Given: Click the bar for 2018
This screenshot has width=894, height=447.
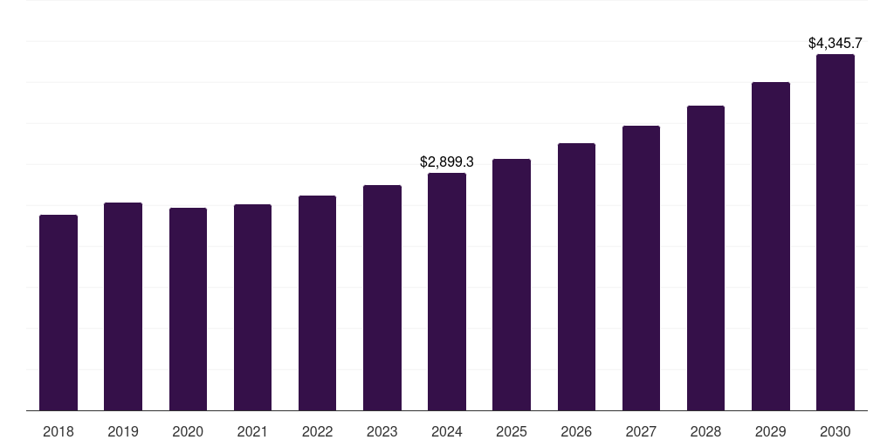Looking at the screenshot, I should [x=58, y=313].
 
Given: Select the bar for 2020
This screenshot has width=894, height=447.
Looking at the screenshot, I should [x=188, y=309].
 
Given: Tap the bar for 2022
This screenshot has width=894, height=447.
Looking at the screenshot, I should [x=317, y=303].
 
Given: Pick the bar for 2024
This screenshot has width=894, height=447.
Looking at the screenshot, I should [x=447, y=292].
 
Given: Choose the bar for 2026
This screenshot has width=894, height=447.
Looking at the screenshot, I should [x=576, y=277].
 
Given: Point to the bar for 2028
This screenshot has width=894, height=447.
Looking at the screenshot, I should [x=705, y=258].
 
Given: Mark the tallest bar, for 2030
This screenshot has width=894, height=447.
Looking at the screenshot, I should [x=836, y=232].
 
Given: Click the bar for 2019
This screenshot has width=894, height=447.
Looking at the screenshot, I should [x=123, y=306].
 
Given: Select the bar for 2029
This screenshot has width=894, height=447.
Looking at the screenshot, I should [x=771, y=246].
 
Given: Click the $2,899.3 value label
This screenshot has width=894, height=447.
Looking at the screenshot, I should [x=447, y=162].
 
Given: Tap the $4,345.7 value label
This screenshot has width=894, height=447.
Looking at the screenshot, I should [x=836, y=43].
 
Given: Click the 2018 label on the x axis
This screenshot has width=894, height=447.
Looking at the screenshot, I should [x=58, y=431].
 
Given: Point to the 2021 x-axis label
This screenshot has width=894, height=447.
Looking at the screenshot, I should [x=252, y=431].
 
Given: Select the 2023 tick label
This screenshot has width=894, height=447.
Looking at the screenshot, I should [x=382, y=431].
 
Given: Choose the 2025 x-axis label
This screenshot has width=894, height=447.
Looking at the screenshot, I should [x=512, y=431].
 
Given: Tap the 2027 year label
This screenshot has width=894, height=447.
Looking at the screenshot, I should [x=641, y=431].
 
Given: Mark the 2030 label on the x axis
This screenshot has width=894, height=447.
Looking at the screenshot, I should [x=836, y=431].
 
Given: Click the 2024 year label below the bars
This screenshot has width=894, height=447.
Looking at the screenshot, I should [x=447, y=431].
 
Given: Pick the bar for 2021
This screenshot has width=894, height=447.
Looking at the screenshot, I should [x=252, y=307].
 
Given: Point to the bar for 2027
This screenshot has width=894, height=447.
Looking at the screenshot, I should [x=641, y=268].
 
